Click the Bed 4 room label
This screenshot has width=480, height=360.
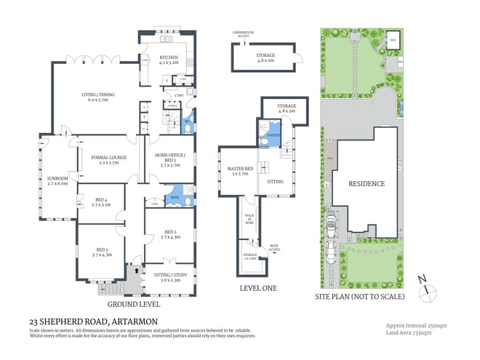100,201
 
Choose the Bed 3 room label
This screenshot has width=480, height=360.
100,252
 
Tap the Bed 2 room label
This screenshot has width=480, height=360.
169,234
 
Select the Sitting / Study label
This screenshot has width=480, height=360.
169,277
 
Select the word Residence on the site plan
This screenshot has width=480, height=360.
367,184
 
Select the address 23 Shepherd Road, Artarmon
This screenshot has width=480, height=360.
93,321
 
